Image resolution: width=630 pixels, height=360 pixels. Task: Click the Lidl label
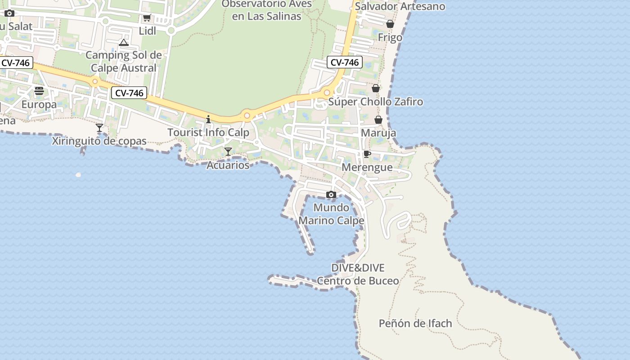coord(148,31)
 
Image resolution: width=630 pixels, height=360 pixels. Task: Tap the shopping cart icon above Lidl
coord(147,18)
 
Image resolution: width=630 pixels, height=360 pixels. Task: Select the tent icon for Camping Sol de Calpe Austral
coord(124,43)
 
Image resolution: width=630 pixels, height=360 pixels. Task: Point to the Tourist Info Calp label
coord(208,132)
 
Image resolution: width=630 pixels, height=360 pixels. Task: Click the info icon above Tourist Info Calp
coord(208,119)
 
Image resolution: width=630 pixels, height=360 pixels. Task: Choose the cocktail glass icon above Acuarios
coord(228,152)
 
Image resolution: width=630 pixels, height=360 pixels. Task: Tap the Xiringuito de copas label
coord(99,141)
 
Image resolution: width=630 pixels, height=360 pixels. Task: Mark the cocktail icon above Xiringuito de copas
coord(99,128)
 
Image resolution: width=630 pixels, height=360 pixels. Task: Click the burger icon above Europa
coord(39,91)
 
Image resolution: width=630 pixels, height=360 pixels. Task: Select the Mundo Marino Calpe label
coord(331,214)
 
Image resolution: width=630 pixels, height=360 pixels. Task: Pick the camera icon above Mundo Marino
coord(331,194)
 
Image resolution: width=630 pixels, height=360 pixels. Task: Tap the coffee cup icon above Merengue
coord(367,154)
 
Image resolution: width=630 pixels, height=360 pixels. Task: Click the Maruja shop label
coord(378,133)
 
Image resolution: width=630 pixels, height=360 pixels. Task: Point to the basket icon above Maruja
coord(378,120)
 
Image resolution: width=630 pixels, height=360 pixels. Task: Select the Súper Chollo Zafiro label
coord(376,102)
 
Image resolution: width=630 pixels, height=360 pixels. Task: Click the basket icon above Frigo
coord(390,24)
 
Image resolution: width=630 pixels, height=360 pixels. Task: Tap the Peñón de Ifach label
coord(415,323)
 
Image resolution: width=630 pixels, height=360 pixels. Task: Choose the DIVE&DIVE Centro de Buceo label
coord(358,274)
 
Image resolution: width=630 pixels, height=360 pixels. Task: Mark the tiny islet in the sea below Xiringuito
coord(78,175)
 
